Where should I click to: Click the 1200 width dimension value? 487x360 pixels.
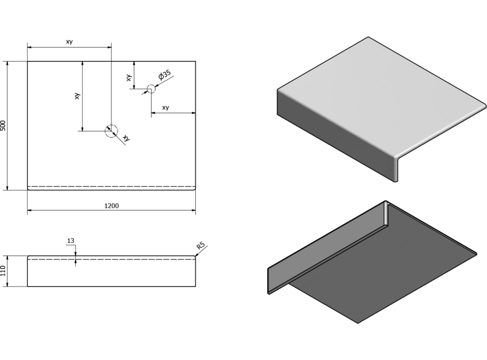pos(111,205)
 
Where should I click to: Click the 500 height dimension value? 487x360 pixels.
pos(4,125)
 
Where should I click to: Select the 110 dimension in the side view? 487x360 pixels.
pos(4,271)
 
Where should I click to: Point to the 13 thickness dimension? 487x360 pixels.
pos(71,241)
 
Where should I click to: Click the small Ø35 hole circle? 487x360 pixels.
pos(151,89)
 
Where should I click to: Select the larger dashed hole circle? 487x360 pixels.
pos(111,131)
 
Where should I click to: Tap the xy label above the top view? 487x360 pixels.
pos(69,42)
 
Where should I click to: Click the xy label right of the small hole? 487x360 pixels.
pos(166,108)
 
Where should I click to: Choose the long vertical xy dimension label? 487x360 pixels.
pos(77,96)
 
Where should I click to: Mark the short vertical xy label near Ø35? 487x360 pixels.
pos(129,78)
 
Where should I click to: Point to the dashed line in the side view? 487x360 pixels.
pos(131,259)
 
